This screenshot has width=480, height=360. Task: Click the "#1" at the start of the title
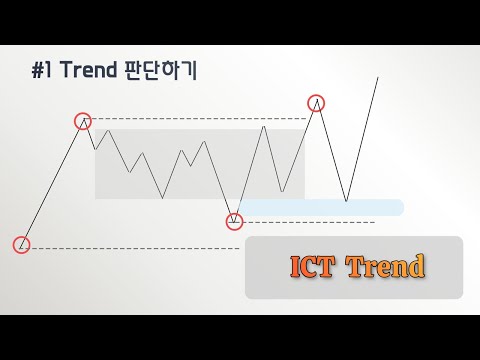point(41,72)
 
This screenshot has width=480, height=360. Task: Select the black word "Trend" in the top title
point(86,72)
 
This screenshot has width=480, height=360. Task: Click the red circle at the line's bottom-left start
point(22,244)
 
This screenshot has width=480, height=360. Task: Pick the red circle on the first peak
point(83,121)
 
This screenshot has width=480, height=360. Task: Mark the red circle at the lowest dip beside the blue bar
point(234,220)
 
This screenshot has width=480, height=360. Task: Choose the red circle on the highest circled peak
point(317,102)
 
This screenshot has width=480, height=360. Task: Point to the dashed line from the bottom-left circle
point(130,247)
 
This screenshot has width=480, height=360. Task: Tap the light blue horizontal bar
point(320,207)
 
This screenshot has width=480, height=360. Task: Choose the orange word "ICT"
point(312,267)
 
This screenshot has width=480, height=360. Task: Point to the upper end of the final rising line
point(378,77)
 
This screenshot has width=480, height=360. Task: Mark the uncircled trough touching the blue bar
point(346,201)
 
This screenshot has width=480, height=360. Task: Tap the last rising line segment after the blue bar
point(362,139)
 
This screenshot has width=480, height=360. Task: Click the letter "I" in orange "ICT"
point(295,267)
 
